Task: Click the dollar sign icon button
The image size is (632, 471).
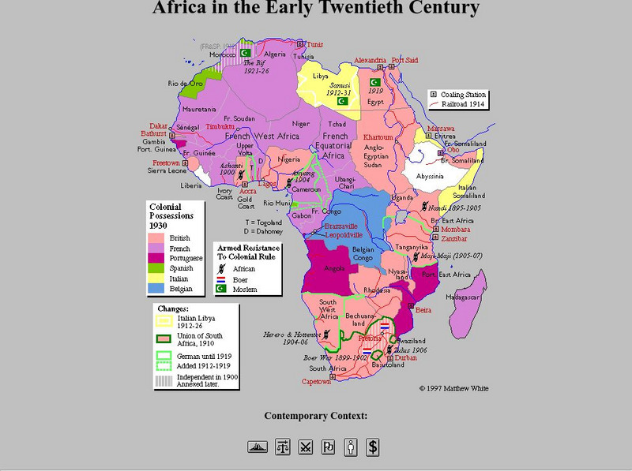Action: (x=373, y=447)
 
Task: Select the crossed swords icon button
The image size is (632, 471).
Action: (x=305, y=447)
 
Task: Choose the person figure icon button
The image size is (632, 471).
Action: (x=350, y=447)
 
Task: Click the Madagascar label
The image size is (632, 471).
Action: (x=465, y=297)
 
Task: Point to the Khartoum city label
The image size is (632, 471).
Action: (x=378, y=137)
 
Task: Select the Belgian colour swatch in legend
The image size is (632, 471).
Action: (x=156, y=290)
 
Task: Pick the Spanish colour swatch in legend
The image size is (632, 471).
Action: (x=156, y=268)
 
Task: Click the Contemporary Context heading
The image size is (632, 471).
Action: (x=315, y=416)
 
